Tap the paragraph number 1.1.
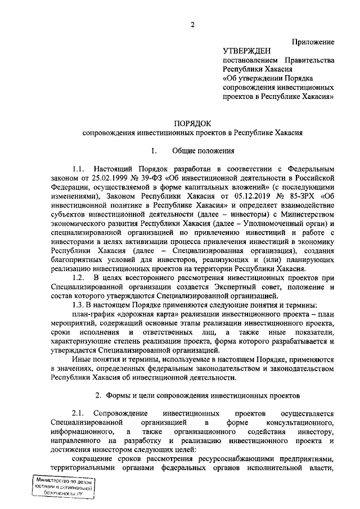coord(78,168)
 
